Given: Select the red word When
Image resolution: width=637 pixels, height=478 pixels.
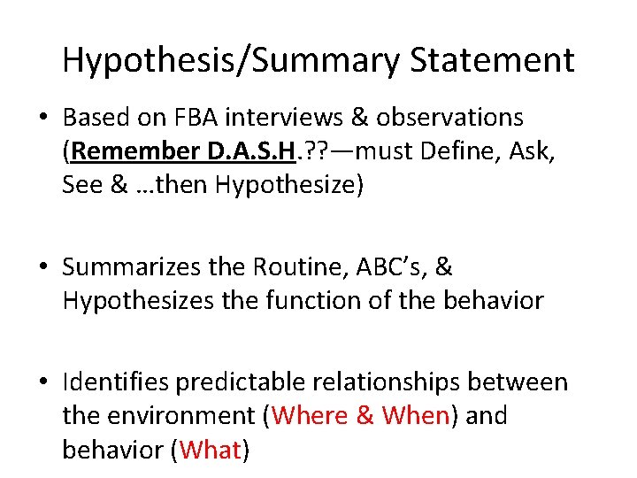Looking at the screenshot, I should coord(416,415).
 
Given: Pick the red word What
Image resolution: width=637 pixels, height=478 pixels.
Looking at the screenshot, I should coord(211,450).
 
